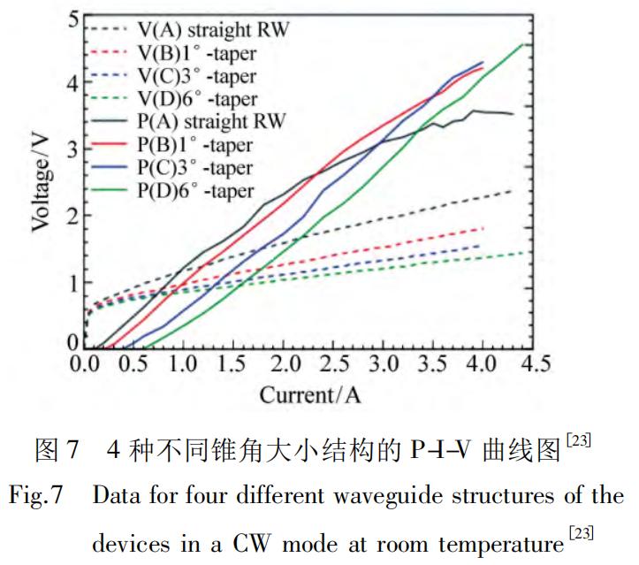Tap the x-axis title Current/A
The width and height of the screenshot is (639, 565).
tap(309, 394)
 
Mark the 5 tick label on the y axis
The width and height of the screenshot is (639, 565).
tap(74, 18)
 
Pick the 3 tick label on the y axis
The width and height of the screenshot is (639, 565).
tap(74, 148)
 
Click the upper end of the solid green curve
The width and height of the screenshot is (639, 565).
tap(527, 44)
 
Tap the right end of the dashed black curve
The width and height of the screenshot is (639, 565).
tap(512, 191)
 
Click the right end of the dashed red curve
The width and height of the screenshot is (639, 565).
tap(484, 228)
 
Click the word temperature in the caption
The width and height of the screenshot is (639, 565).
tap(505, 542)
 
